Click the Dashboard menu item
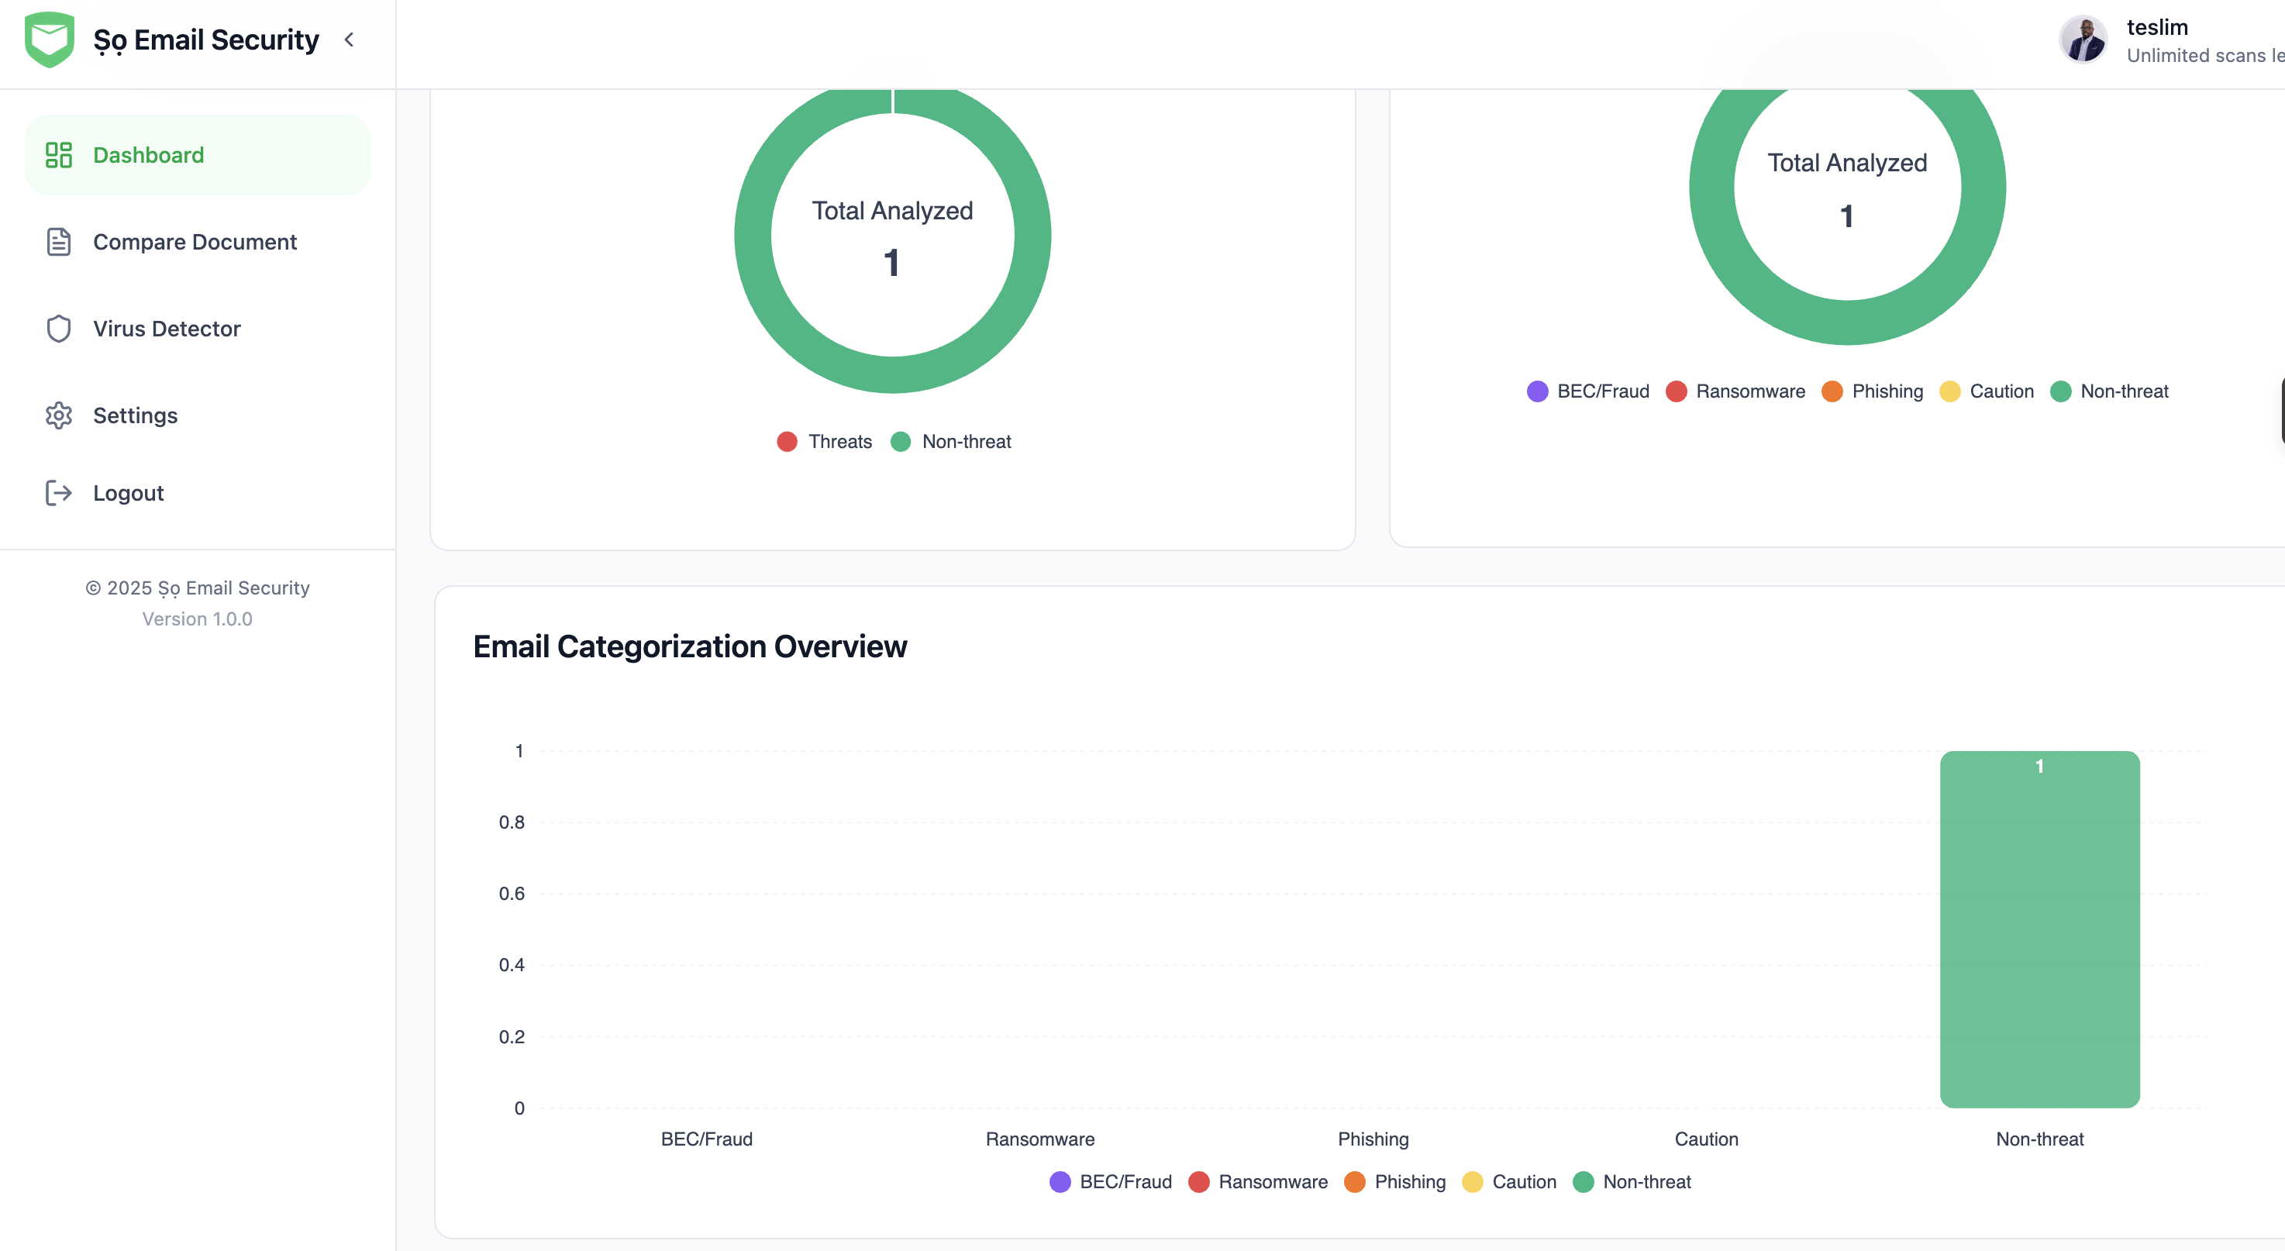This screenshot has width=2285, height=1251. (197, 155)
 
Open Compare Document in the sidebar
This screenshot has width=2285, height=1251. (195, 242)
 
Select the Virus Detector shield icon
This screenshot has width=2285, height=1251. (59, 329)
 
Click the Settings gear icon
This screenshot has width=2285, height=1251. (59, 415)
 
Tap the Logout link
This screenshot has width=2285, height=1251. (128, 493)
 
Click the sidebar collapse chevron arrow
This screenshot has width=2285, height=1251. (350, 40)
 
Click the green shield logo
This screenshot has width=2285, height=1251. (50, 40)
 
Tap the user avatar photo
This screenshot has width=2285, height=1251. (2083, 40)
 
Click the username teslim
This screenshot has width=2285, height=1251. (2157, 27)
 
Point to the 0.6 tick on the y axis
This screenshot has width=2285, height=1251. (512, 894)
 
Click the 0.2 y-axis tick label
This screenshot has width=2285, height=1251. (512, 1036)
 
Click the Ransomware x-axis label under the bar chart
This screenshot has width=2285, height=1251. (1039, 1139)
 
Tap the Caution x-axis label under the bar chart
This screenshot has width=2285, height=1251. (1706, 1139)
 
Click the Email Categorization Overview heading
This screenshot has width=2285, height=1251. (690, 646)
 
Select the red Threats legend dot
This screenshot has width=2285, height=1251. (787, 442)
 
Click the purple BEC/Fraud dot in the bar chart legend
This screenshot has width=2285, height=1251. (1060, 1182)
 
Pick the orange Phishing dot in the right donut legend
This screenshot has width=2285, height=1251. (1832, 391)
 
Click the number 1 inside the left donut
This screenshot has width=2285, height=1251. (891, 263)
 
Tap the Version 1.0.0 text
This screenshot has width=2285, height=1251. (197, 619)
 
